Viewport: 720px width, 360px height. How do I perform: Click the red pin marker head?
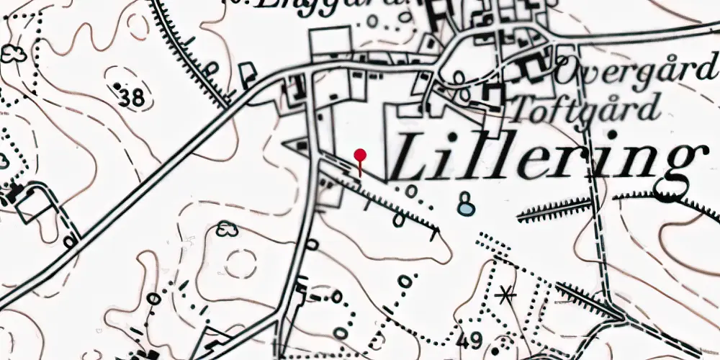[361, 154]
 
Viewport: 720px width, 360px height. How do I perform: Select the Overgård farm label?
[638, 72]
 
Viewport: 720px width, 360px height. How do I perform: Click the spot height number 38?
[132, 98]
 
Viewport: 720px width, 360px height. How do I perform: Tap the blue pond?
[467, 209]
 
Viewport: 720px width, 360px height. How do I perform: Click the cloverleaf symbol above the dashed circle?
[227, 230]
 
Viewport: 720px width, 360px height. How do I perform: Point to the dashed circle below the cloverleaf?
[240, 264]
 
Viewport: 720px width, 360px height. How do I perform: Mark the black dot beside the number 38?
[117, 86]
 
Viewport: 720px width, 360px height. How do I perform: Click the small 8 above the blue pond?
[467, 196]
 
